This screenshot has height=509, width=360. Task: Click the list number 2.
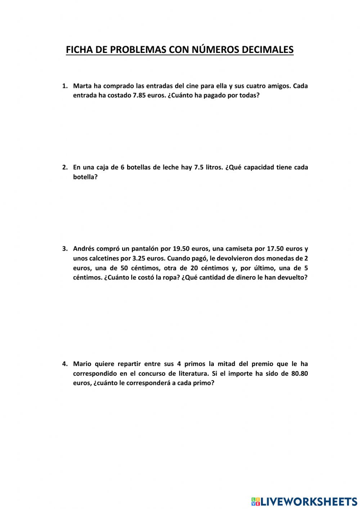coord(65,167)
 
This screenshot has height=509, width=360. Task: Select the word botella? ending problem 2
coord(85,177)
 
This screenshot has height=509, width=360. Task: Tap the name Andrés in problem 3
coord(84,249)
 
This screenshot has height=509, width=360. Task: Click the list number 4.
coord(65,364)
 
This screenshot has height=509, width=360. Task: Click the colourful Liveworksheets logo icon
coord(256,501)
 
